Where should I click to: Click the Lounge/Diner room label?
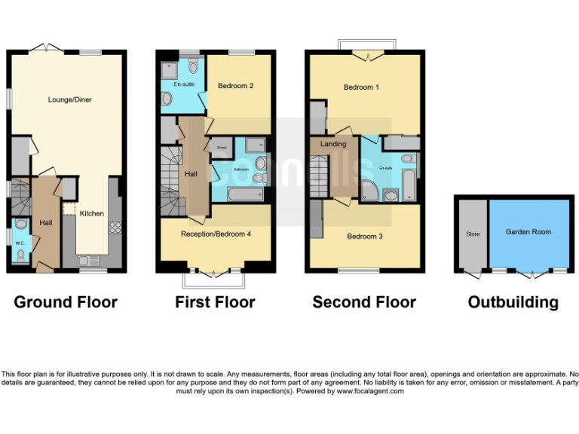pos(69,99)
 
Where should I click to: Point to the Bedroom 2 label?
pos(235,86)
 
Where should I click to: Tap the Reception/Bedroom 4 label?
pos(216,234)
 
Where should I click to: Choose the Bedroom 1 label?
pos(361,87)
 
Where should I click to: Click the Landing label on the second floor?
pos(333,144)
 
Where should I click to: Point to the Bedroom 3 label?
pos(365,237)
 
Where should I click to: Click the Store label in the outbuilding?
pos(473,234)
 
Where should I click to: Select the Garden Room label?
pos(528,232)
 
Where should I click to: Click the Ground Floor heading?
pos(66,302)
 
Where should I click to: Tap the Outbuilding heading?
pos(513,302)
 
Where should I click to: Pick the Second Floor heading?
pos(364,302)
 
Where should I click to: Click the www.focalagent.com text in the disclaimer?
pos(370,391)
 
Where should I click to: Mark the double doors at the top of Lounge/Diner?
pos(47,50)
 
